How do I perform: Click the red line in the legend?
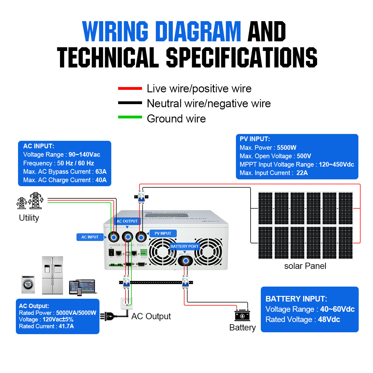tap(130, 89)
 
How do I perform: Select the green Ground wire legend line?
tap(130, 117)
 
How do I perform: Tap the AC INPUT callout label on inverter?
tap(90, 237)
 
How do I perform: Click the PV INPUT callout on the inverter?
tap(163, 233)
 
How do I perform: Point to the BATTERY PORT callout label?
tap(184, 246)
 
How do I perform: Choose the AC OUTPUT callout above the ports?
tap(127, 221)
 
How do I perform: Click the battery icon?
tap(242, 315)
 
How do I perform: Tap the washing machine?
tap(28, 284)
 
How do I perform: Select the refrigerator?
tap(53, 275)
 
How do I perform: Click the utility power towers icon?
tap(30, 201)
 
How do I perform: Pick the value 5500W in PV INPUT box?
tap(287, 148)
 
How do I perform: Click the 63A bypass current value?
tap(101, 172)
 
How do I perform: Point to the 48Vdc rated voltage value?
tap(329, 320)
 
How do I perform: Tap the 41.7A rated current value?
tap(66, 326)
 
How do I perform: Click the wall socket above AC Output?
tap(127, 303)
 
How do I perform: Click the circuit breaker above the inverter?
tap(141, 196)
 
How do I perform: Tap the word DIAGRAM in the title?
tap(198, 31)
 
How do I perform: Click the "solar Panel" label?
tap(305, 266)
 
